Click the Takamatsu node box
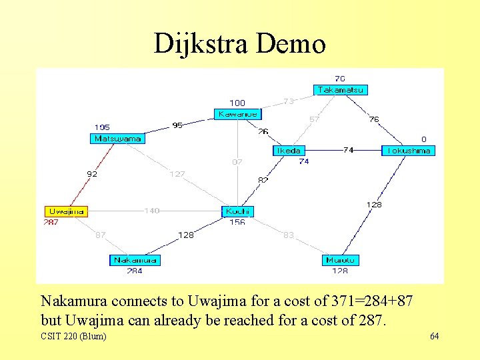pyautogui.click(x=341, y=90)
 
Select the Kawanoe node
pyautogui.click(x=236, y=114)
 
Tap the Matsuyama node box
pyautogui.click(x=117, y=139)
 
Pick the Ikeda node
pyautogui.click(x=289, y=151)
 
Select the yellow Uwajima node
pyautogui.click(x=67, y=211)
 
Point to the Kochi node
pyautogui.click(x=238, y=211)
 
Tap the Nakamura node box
pyautogui.click(x=135, y=260)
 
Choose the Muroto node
pyautogui.click(x=341, y=260)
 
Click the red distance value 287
pyautogui.click(x=51, y=222)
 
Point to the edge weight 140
pyautogui.click(x=152, y=211)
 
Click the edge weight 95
pyautogui.click(x=177, y=125)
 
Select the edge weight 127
pyautogui.click(x=177, y=174)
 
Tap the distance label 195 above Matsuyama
pyautogui.click(x=102, y=127)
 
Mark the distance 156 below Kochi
pyautogui.click(x=237, y=223)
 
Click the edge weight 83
pyautogui.click(x=288, y=235)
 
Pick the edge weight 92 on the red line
pyautogui.click(x=92, y=174)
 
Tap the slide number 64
pyautogui.click(x=434, y=336)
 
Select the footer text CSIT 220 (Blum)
pyautogui.click(x=73, y=336)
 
